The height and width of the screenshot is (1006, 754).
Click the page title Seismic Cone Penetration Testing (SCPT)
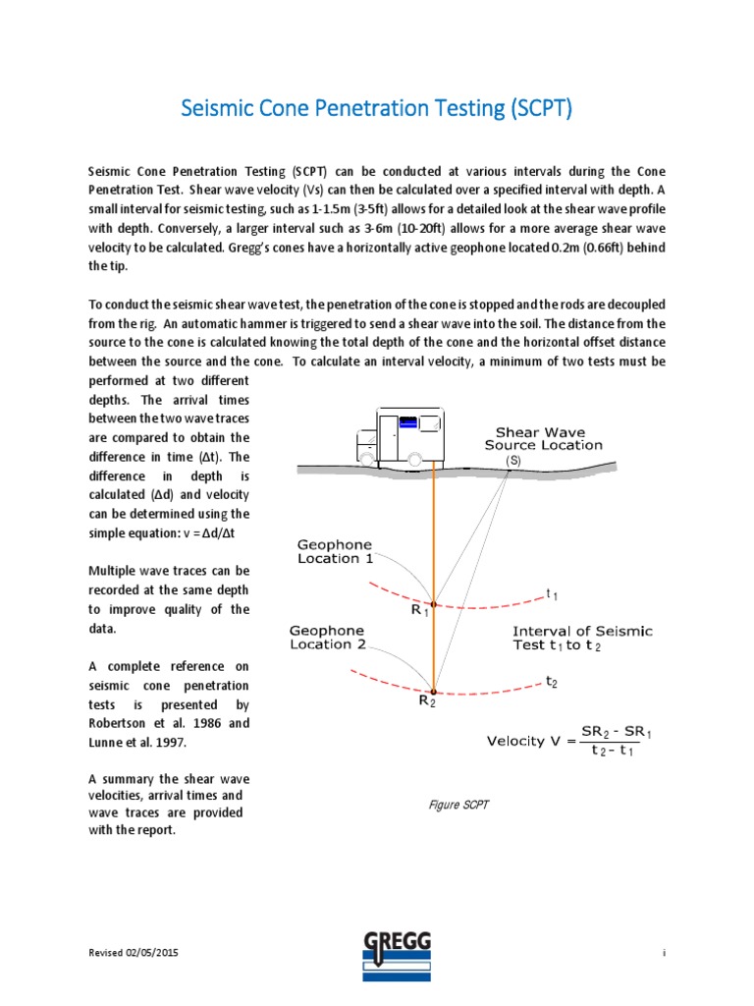(376, 108)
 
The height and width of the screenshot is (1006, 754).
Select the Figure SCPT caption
(459, 805)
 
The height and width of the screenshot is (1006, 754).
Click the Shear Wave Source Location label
(548, 438)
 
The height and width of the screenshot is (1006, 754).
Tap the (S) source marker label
(512, 460)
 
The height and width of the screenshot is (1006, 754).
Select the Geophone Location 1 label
(335, 551)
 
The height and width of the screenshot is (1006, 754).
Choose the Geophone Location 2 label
(326, 638)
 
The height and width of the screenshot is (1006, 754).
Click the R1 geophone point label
(420, 610)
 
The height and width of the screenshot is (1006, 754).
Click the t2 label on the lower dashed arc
(552, 681)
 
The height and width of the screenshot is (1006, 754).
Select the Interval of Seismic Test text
(568, 638)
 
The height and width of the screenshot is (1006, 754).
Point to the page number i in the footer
(665, 954)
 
